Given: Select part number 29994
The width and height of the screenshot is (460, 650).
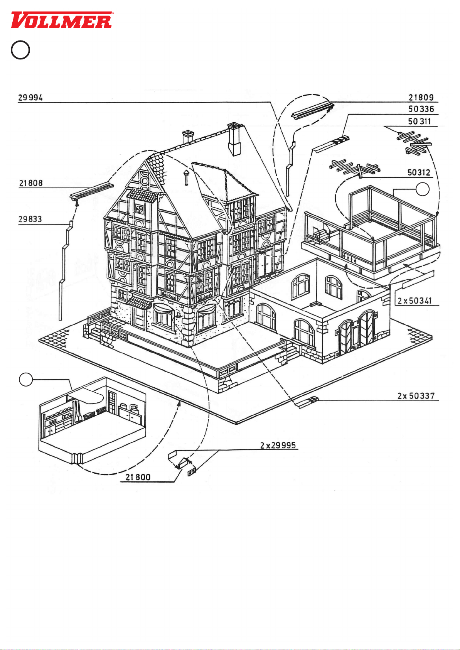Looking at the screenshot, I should pyautogui.click(x=30, y=98).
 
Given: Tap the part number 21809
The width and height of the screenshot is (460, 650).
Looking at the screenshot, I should pyautogui.click(x=421, y=98).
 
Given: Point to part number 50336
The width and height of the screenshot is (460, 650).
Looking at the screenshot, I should pyautogui.click(x=421, y=109).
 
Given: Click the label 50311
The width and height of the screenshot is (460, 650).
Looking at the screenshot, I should pyautogui.click(x=420, y=122).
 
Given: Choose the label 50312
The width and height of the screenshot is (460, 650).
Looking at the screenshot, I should pyautogui.click(x=419, y=172).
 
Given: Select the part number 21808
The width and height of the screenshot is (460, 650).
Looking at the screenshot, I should pyautogui.click(x=31, y=183).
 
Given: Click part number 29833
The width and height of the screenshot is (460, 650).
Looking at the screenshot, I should pyautogui.click(x=30, y=219).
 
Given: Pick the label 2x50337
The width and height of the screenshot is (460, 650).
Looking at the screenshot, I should pyautogui.click(x=416, y=396).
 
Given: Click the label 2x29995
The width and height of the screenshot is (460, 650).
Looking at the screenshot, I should pyautogui.click(x=278, y=445).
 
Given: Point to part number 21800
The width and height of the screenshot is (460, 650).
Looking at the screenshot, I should pyautogui.click(x=138, y=477).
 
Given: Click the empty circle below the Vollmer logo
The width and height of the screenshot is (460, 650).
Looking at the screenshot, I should pyautogui.click(x=20, y=50).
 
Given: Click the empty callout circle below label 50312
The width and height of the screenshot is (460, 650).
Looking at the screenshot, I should pyautogui.click(x=423, y=189).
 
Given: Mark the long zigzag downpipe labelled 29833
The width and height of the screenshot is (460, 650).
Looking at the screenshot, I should pyautogui.click(x=63, y=270).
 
